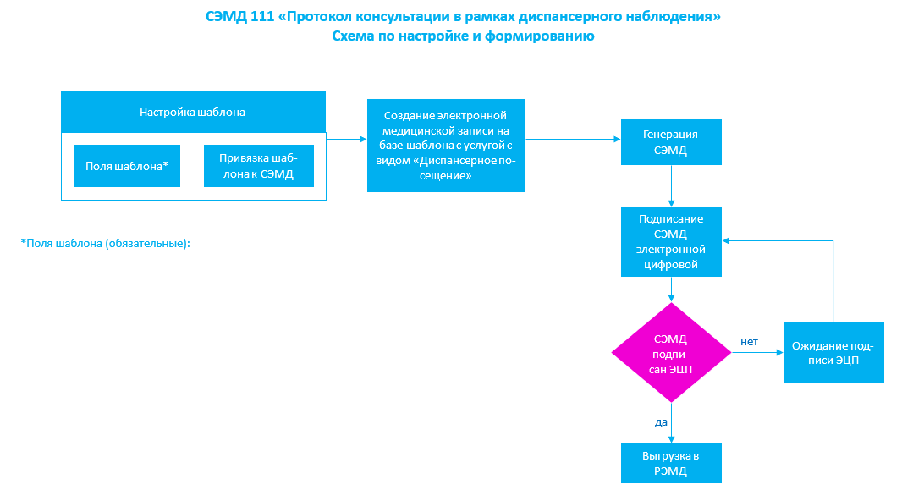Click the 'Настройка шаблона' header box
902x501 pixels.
[193, 113]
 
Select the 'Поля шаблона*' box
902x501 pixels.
[127, 166]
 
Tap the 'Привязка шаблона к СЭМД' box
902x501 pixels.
[259, 166]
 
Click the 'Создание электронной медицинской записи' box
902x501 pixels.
[446, 146]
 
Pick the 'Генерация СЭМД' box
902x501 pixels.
[671, 142]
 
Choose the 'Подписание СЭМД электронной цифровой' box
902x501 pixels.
[671, 241]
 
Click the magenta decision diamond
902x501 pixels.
[671, 353]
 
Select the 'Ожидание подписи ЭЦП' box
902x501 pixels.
[833, 353]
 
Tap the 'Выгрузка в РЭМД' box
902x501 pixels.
[671, 463]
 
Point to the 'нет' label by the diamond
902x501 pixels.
[749, 342]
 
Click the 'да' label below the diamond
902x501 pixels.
[661, 422]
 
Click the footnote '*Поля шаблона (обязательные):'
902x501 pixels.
[105, 244]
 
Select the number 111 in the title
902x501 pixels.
[262, 17]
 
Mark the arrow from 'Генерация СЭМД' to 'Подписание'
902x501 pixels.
[671, 186]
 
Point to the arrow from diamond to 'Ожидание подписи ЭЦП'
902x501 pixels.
[757, 353]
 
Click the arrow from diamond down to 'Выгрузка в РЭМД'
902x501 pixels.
[671, 423]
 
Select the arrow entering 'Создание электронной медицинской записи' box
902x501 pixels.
[346, 139]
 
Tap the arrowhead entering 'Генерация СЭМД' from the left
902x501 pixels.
[617, 139]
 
